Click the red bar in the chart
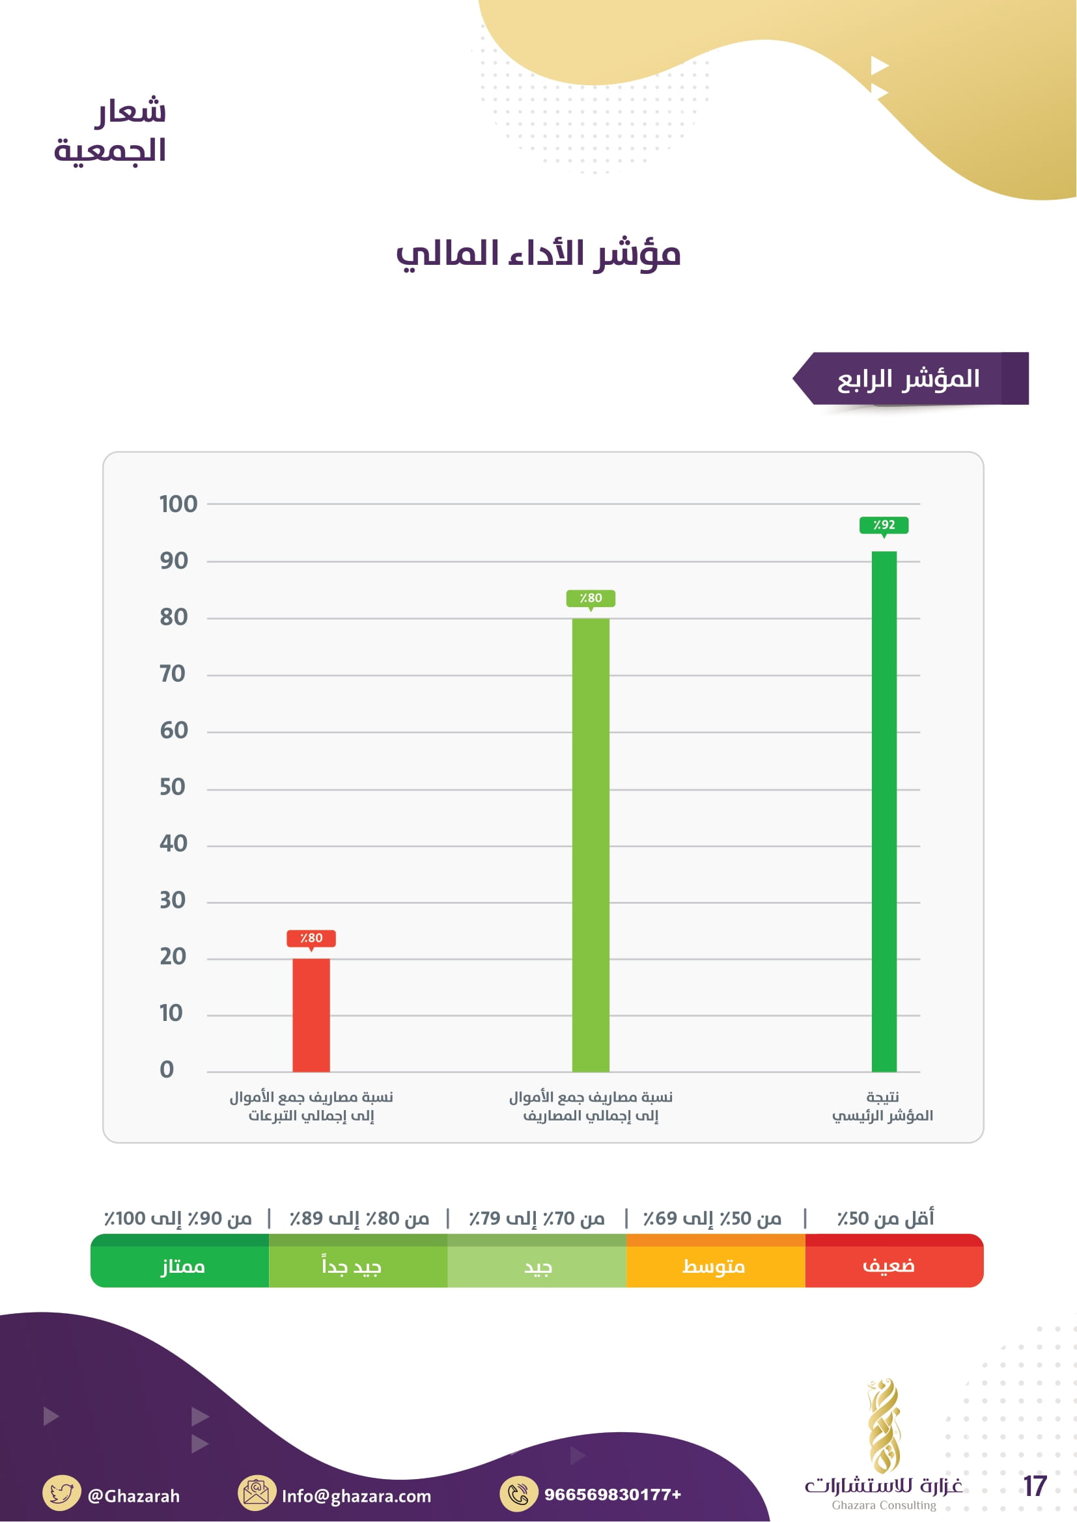click(x=311, y=1015)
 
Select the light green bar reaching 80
click(x=590, y=845)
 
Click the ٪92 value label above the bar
click(x=884, y=525)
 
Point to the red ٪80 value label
click(x=311, y=938)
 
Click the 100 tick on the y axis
click(x=178, y=504)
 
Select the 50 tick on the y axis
click(x=173, y=787)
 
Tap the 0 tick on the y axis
click(x=167, y=1070)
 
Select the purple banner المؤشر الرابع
click(x=910, y=379)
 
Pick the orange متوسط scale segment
click(x=715, y=1266)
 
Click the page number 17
click(x=1035, y=1486)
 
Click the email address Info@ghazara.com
click(x=356, y=1495)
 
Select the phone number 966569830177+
click(x=612, y=1494)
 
